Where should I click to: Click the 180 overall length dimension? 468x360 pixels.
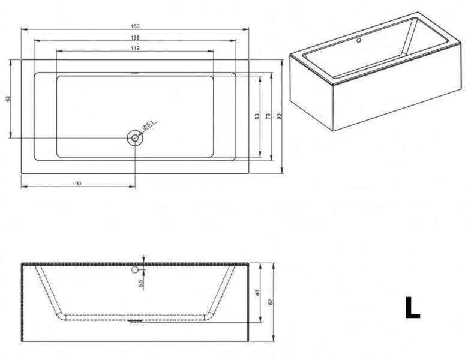135,26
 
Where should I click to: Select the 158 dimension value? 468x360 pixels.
135,38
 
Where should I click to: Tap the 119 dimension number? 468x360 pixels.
135,48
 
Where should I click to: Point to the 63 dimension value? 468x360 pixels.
257,116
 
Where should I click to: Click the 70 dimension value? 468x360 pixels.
268,116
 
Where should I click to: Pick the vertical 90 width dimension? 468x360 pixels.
279,116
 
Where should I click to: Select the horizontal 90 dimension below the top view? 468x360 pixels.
78,184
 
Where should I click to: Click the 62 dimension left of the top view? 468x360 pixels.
8,98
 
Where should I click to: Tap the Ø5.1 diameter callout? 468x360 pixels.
148,125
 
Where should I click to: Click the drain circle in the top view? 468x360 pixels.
135,138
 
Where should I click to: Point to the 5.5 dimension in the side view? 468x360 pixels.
141,283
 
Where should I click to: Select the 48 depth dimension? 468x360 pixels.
257,293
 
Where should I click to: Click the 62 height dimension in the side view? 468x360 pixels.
271,302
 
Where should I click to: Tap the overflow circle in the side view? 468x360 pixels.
135,270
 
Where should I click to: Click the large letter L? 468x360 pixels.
412,307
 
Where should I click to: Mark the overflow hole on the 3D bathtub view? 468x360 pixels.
359,40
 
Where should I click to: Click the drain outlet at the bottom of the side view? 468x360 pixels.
135,321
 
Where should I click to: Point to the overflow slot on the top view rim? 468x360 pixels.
135,72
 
